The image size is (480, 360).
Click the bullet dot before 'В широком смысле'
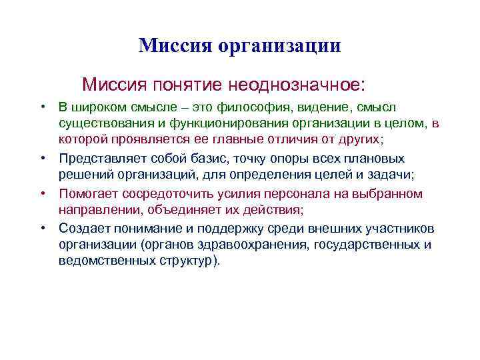[x=41, y=107]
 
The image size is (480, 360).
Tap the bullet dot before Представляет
[x=41, y=159]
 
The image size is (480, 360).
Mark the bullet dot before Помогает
[x=41, y=193]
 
